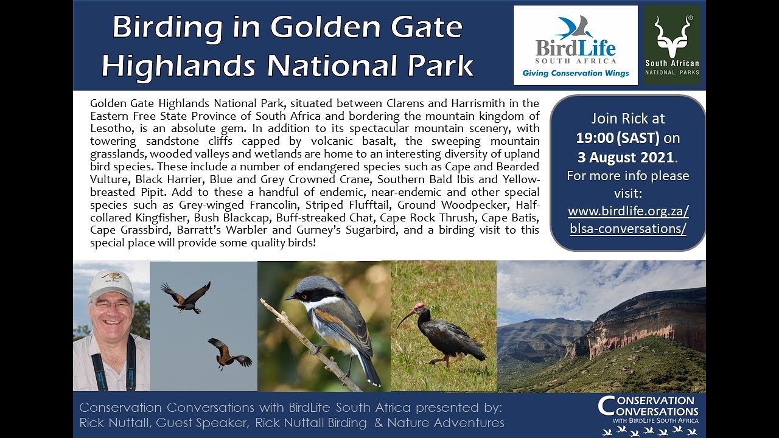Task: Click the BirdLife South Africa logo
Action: click(575, 44)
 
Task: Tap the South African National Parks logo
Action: click(672, 45)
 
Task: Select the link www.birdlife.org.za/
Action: click(628, 211)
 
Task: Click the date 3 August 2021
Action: click(626, 157)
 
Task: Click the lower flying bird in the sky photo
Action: click(229, 353)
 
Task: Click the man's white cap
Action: click(110, 283)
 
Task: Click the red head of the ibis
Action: click(419, 306)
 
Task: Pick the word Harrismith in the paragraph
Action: click(474, 103)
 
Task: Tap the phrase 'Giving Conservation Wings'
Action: click(575, 74)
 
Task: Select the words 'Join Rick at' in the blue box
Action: click(627, 119)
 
